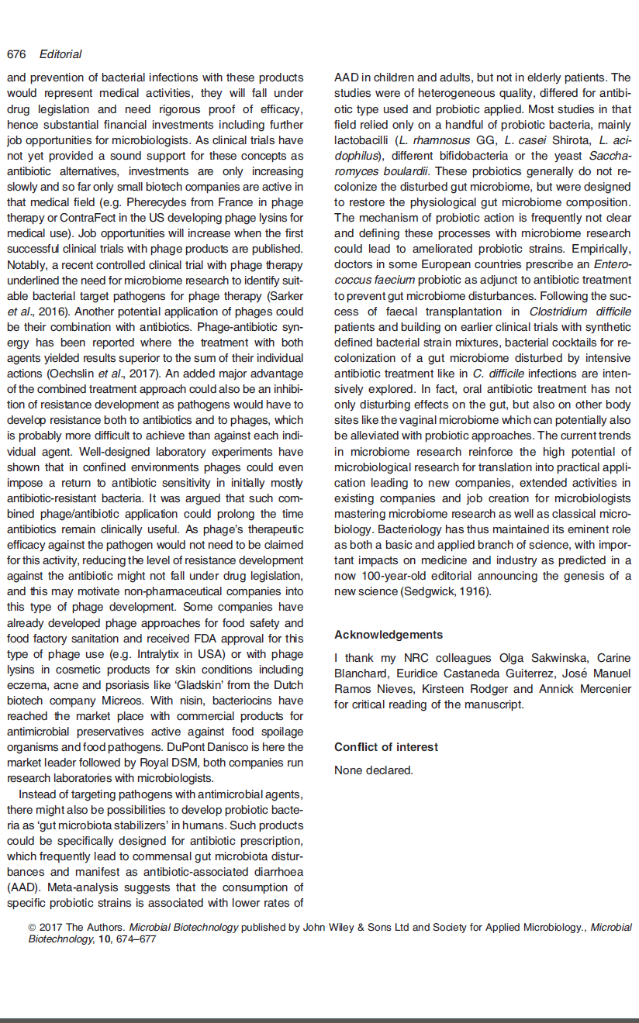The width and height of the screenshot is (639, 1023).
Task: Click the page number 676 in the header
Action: tap(16, 54)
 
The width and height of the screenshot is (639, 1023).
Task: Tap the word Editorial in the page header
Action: tap(60, 54)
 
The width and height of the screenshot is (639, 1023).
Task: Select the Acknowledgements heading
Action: tap(389, 635)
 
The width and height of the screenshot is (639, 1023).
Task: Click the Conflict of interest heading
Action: tap(386, 747)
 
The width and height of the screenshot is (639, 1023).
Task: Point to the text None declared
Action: tap(374, 770)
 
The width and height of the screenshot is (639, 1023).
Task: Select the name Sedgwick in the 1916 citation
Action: tap(420, 592)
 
